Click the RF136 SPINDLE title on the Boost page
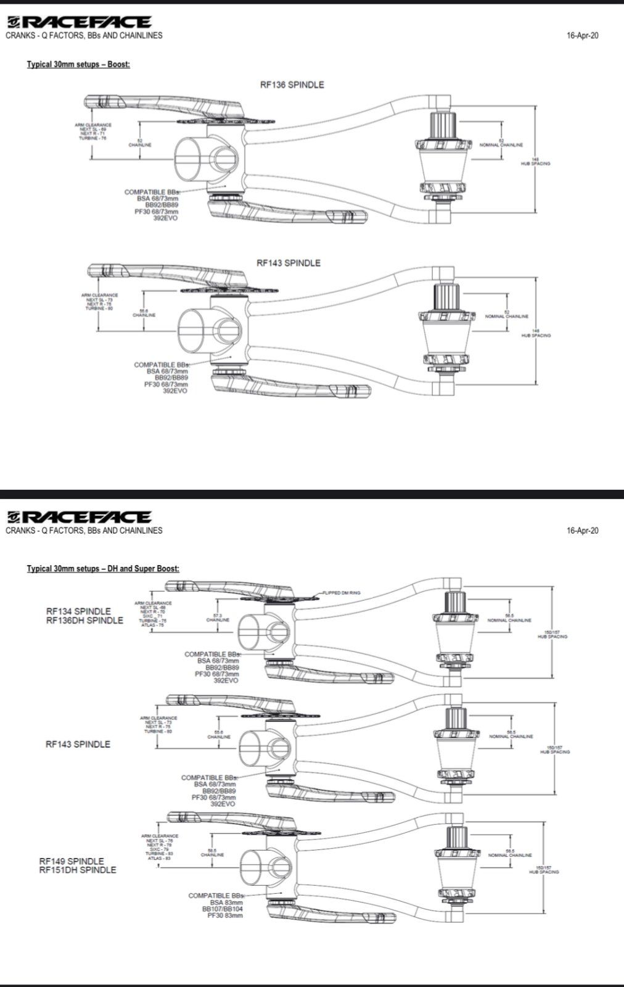(x=291, y=85)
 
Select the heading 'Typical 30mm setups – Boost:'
(x=78, y=64)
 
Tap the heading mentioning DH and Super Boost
(x=103, y=568)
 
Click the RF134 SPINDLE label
(x=78, y=611)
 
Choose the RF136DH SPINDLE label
(x=84, y=620)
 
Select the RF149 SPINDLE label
(x=72, y=861)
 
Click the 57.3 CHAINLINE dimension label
(x=218, y=617)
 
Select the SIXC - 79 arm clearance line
(x=158, y=849)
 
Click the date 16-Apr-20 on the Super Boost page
(x=582, y=531)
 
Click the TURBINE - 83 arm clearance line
(x=159, y=854)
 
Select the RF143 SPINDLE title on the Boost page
(x=289, y=263)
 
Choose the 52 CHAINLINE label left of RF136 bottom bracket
(x=140, y=143)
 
